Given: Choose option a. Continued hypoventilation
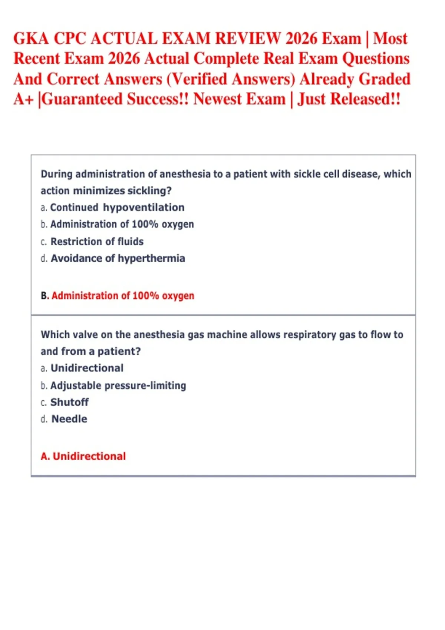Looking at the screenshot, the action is click(113, 207).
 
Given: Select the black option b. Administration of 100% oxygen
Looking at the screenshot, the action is click(117, 224).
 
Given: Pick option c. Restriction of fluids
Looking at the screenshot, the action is click(92, 241).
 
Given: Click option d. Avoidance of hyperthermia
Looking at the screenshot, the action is click(113, 258).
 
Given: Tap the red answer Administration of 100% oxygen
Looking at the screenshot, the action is click(123, 296).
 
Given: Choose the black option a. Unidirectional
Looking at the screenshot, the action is click(82, 368).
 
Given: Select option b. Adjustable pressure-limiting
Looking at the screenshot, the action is click(113, 385).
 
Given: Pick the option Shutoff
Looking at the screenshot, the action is click(65, 402).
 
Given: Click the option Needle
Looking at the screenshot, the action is click(64, 419).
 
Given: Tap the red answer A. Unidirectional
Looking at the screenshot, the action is click(83, 456).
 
